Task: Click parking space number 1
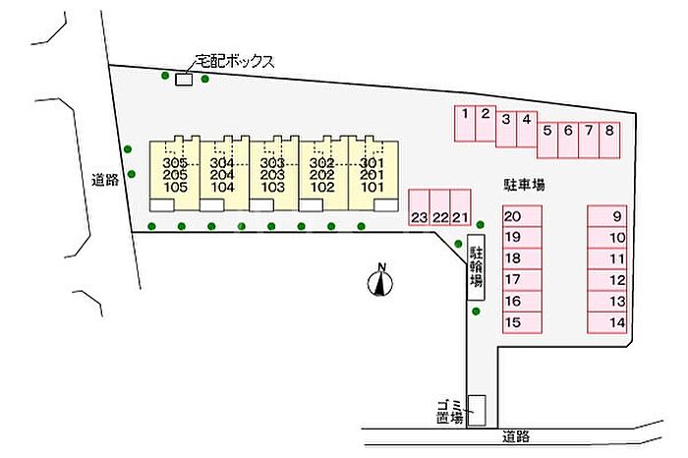pyautogui.click(x=465, y=124)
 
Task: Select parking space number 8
pyautogui.click(x=609, y=140)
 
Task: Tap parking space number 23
pyautogui.click(x=419, y=207)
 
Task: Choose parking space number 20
pyautogui.click(x=522, y=216)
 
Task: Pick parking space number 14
pyautogui.click(x=606, y=323)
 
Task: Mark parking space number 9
pyautogui.click(x=606, y=216)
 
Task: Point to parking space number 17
pyautogui.click(x=522, y=280)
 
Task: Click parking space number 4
pyautogui.click(x=527, y=129)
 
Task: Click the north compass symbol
pyautogui.click(x=380, y=281)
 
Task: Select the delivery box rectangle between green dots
pyautogui.click(x=184, y=80)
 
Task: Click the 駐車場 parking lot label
pyautogui.click(x=524, y=185)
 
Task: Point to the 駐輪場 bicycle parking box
pyautogui.click(x=476, y=267)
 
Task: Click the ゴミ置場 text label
pyautogui.click(x=450, y=412)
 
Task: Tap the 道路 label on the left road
pyautogui.click(x=105, y=180)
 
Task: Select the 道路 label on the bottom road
pyautogui.click(x=516, y=436)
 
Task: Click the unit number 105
pyautogui.click(x=175, y=188)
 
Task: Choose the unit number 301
pyautogui.click(x=372, y=163)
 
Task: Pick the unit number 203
pyautogui.click(x=272, y=175)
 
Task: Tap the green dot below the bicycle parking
pyautogui.click(x=476, y=312)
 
